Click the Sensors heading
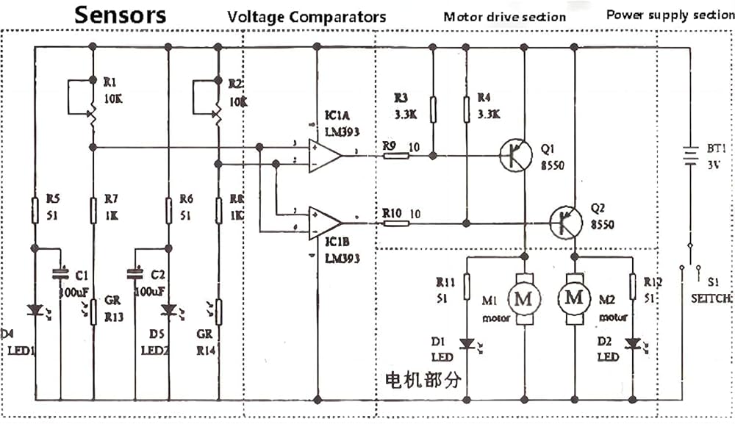[x=121, y=15]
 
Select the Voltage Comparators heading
[x=306, y=16]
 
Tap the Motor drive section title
[x=504, y=16]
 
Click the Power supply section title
[x=670, y=15]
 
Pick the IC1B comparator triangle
[x=324, y=223]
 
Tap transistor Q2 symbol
[x=566, y=223]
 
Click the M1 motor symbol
[x=524, y=298]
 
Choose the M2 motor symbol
[x=575, y=298]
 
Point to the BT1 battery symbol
[x=690, y=156]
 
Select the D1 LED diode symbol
[x=466, y=343]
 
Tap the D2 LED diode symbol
[x=631, y=343]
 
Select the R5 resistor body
[x=35, y=210]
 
